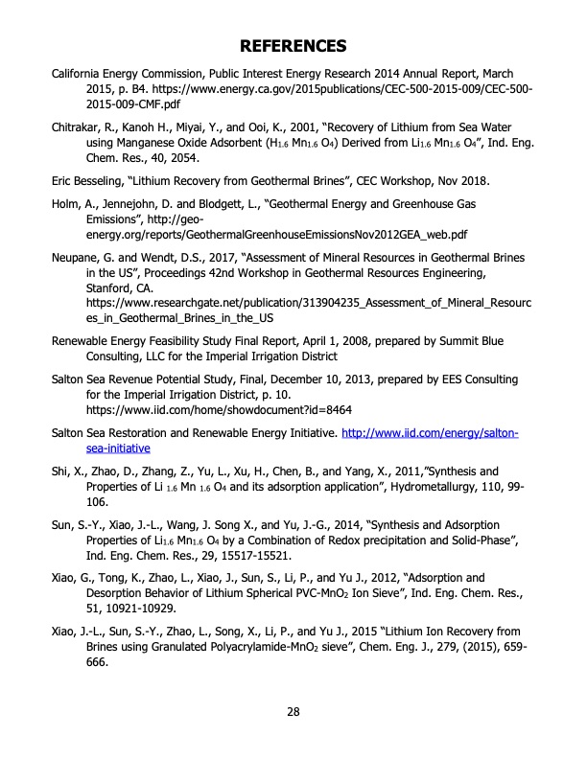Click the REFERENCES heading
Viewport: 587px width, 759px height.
[x=293, y=45]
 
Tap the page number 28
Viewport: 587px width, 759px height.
[x=293, y=710]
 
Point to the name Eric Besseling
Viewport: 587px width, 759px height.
[x=92, y=181]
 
